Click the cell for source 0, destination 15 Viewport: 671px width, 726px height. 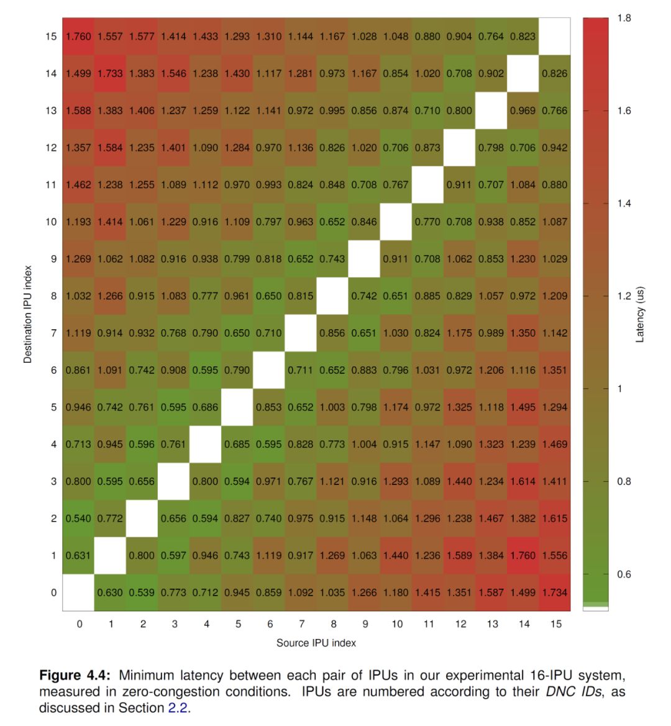(x=78, y=36)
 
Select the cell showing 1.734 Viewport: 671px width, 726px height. (x=555, y=592)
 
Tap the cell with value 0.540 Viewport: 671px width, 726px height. (x=78, y=518)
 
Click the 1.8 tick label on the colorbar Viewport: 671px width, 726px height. (x=624, y=18)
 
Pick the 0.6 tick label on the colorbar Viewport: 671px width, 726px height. (x=624, y=574)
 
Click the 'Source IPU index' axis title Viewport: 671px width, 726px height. (x=316, y=643)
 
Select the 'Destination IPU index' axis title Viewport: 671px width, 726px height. (x=27, y=314)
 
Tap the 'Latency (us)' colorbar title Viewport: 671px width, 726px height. (x=641, y=314)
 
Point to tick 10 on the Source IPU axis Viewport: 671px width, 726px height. (x=396, y=624)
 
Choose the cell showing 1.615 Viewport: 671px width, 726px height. (x=555, y=518)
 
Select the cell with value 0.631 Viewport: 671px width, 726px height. (x=78, y=555)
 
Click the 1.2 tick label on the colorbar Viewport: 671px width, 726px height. (x=624, y=296)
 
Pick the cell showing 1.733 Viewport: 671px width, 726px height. (x=110, y=73)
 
